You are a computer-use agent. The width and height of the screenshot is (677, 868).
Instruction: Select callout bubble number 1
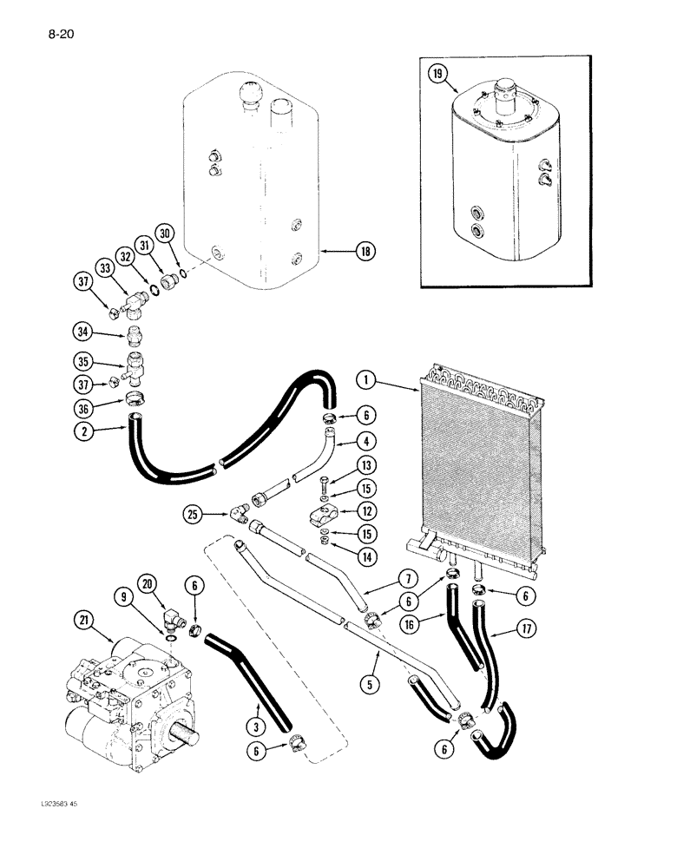tap(368, 378)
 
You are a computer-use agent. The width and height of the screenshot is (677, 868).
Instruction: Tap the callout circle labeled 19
tap(437, 75)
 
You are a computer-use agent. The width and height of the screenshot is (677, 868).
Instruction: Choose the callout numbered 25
tap(193, 515)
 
